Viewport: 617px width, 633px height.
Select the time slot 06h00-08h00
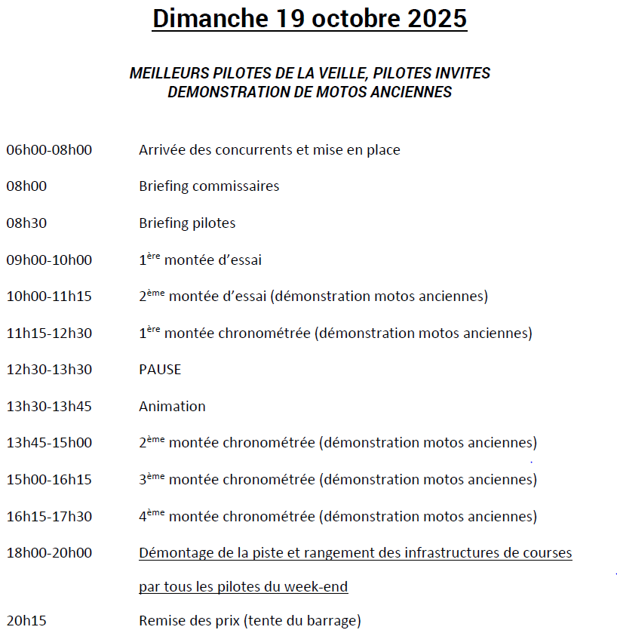tap(49, 149)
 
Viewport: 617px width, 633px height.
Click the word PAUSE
tap(160, 370)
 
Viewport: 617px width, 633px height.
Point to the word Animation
tap(172, 407)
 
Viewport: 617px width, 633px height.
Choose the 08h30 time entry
tap(26, 223)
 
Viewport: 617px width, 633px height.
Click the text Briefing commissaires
tap(209, 186)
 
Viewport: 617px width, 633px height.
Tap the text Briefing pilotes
tap(187, 223)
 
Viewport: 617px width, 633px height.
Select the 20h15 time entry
tap(26, 622)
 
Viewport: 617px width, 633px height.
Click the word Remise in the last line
tap(161, 622)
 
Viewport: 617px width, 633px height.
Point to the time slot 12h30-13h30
tap(49, 370)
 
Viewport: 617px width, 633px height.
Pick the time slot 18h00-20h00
tap(49, 553)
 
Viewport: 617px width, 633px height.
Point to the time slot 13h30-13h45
tap(49, 407)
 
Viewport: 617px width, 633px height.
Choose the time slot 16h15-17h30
tap(49, 517)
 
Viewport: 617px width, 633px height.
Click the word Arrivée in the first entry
tap(162, 149)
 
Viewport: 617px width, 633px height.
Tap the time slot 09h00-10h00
tap(49, 260)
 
